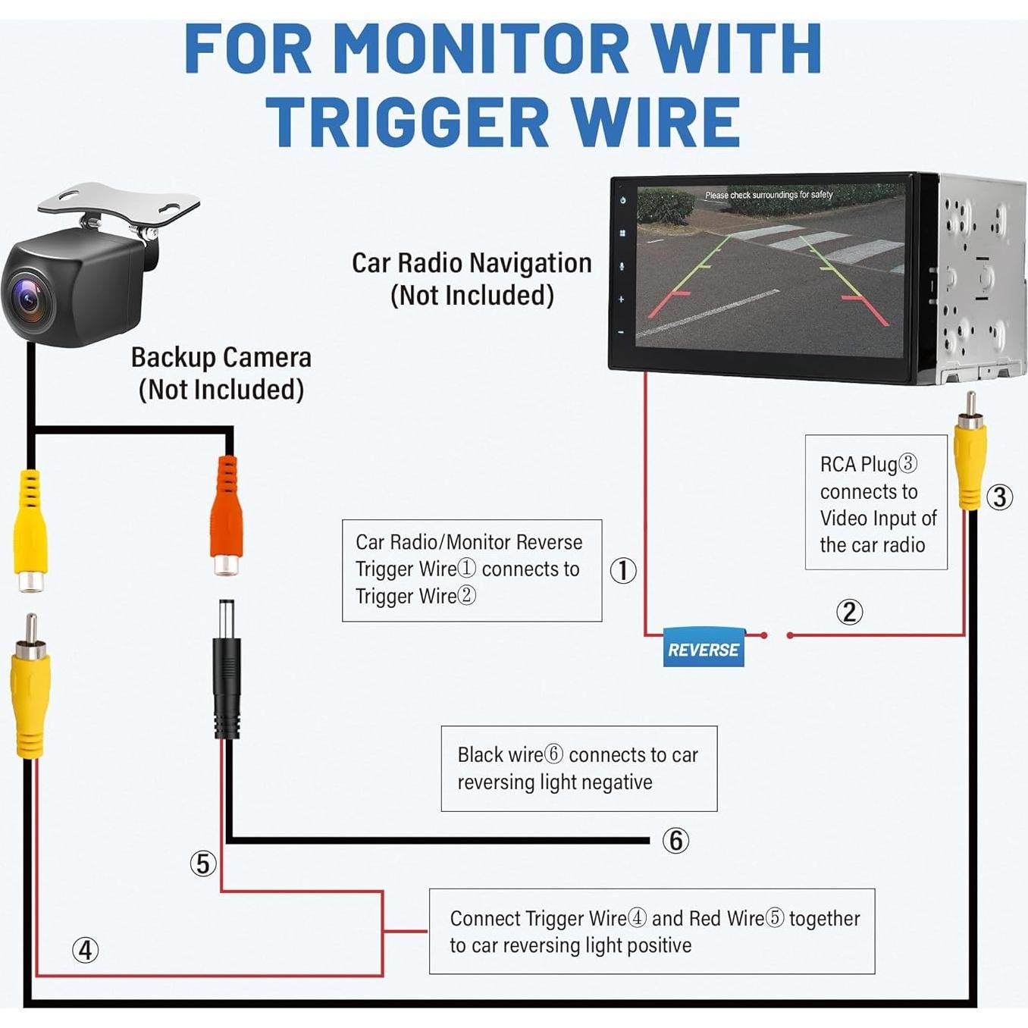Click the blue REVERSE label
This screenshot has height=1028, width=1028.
703,648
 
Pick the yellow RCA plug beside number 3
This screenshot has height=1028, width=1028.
970,462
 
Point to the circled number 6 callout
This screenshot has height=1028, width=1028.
675,840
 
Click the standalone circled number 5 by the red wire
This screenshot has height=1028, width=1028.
202,863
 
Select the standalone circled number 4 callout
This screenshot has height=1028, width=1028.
85,950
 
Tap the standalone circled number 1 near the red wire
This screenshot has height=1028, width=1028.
623,570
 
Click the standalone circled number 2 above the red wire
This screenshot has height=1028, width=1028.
849,612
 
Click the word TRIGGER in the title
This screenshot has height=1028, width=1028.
406,123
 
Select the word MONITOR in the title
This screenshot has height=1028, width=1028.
481,49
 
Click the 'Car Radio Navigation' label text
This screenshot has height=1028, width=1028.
471,263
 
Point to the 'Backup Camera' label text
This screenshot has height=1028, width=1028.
221,357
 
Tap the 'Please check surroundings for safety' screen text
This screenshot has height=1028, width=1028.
768,195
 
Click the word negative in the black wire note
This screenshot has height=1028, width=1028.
616,782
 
